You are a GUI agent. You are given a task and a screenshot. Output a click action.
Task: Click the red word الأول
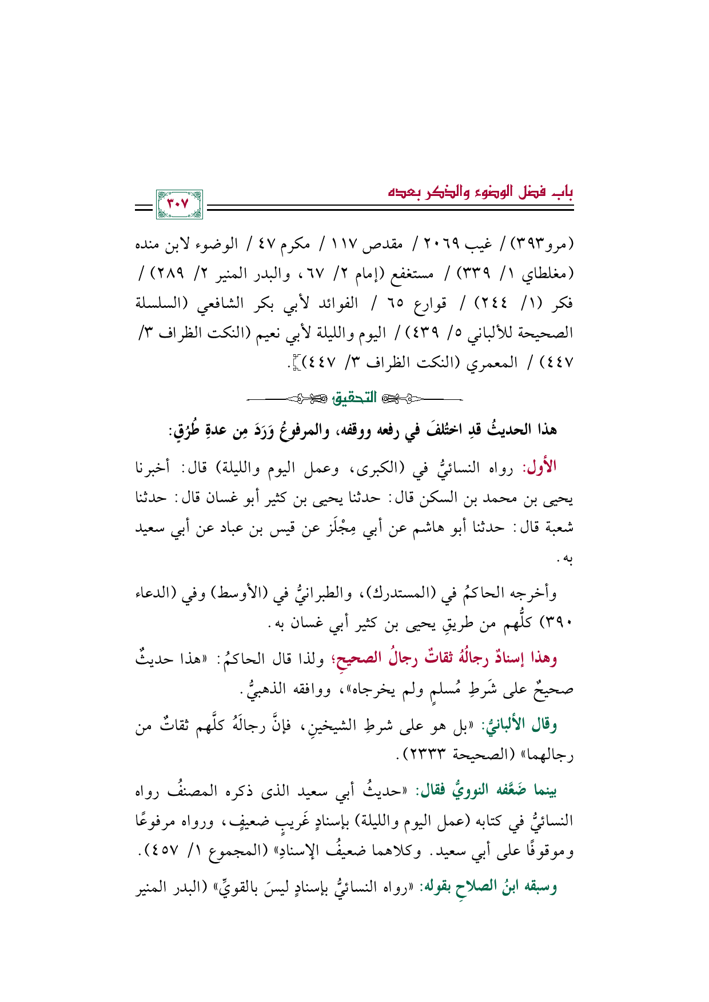(x=540, y=468)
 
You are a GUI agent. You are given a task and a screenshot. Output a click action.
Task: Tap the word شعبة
(x=557, y=528)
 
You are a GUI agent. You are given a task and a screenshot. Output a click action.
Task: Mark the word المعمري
(x=493, y=362)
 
